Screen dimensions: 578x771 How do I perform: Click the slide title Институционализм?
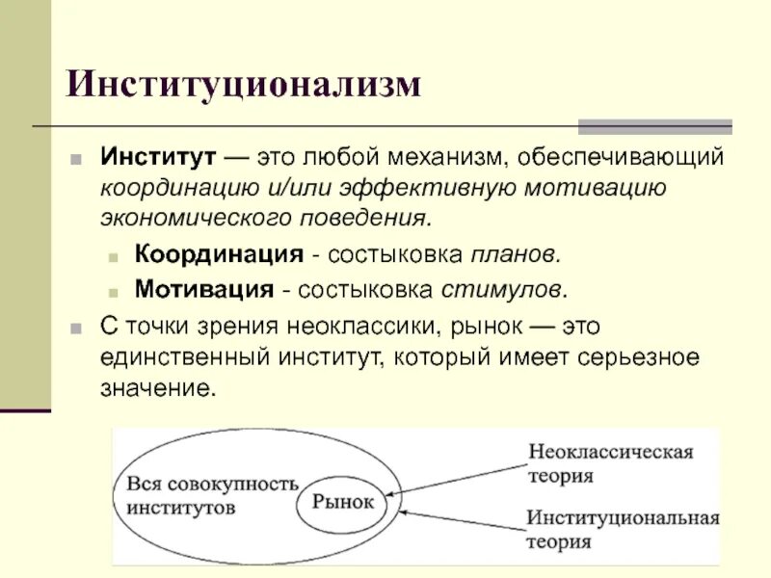[x=244, y=84]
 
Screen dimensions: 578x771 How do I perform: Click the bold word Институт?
[x=158, y=156]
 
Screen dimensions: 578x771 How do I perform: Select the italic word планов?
[x=514, y=255]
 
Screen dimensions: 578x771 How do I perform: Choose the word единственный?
[x=184, y=357]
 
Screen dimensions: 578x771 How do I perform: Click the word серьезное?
[x=639, y=357]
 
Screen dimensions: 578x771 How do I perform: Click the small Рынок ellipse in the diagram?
[x=343, y=502]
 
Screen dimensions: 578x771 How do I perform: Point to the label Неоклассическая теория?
[x=610, y=461]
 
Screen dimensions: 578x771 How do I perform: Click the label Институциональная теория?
[x=623, y=529]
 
